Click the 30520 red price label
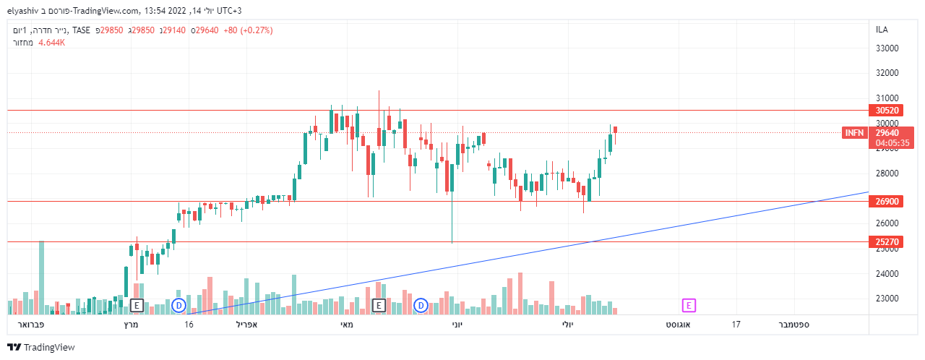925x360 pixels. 887,111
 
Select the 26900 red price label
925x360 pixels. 887,202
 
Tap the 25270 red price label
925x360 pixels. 887,242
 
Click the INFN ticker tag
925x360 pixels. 854,133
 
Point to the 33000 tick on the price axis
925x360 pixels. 886,48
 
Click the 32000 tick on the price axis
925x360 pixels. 886,73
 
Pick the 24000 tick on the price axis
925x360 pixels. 886,274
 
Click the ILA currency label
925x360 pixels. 882,29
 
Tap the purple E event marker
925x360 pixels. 689,306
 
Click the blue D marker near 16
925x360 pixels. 179,306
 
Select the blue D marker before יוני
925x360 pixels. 421,306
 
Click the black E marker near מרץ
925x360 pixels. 137,306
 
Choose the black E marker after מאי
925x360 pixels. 378,306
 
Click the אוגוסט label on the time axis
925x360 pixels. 678,325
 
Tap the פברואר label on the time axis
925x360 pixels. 30,325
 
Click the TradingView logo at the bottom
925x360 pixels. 41,348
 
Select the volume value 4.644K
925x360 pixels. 52,43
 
